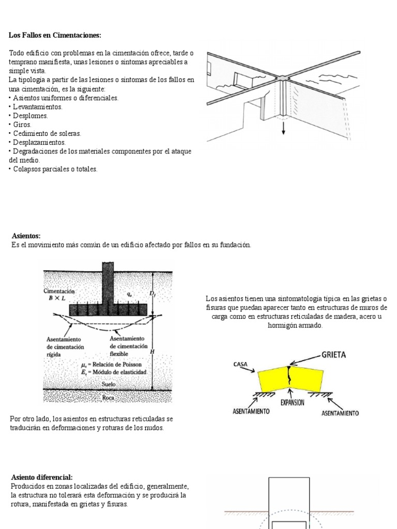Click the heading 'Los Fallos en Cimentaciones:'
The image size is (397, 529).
[x=55, y=35]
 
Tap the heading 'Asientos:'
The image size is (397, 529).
[x=26, y=236]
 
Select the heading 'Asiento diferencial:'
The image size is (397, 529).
[x=42, y=477]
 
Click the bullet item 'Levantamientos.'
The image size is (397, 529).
[x=36, y=107]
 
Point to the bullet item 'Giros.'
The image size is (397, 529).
[x=22, y=125]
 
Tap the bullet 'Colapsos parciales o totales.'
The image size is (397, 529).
[x=54, y=169]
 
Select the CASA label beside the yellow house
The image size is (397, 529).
[x=241, y=364]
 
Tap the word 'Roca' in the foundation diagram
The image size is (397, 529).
[x=108, y=398]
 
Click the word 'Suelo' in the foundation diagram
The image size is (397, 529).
[x=109, y=384]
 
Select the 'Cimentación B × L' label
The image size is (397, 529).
[x=59, y=294]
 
